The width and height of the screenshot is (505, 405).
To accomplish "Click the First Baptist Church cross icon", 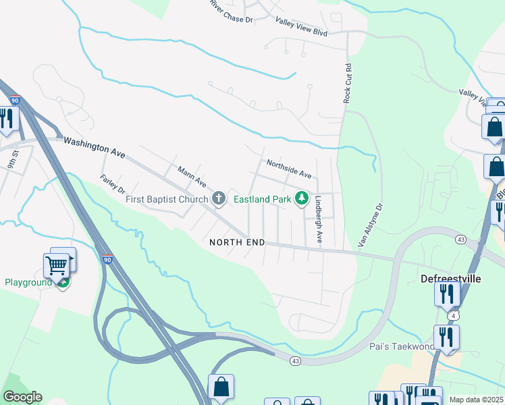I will point(218,198).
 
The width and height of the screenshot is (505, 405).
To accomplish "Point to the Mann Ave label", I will point(191,177).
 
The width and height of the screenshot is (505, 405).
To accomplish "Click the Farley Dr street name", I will point(113,183).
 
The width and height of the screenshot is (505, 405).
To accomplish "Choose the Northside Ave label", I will point(288,169).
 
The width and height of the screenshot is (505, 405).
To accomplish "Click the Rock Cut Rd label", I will point(348,83).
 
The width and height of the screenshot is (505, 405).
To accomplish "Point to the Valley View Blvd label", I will point(301,26).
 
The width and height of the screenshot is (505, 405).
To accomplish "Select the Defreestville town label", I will point(450,278).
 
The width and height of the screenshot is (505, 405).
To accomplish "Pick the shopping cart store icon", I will point(57,265).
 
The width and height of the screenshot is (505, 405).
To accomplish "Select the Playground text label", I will point(28,282).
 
